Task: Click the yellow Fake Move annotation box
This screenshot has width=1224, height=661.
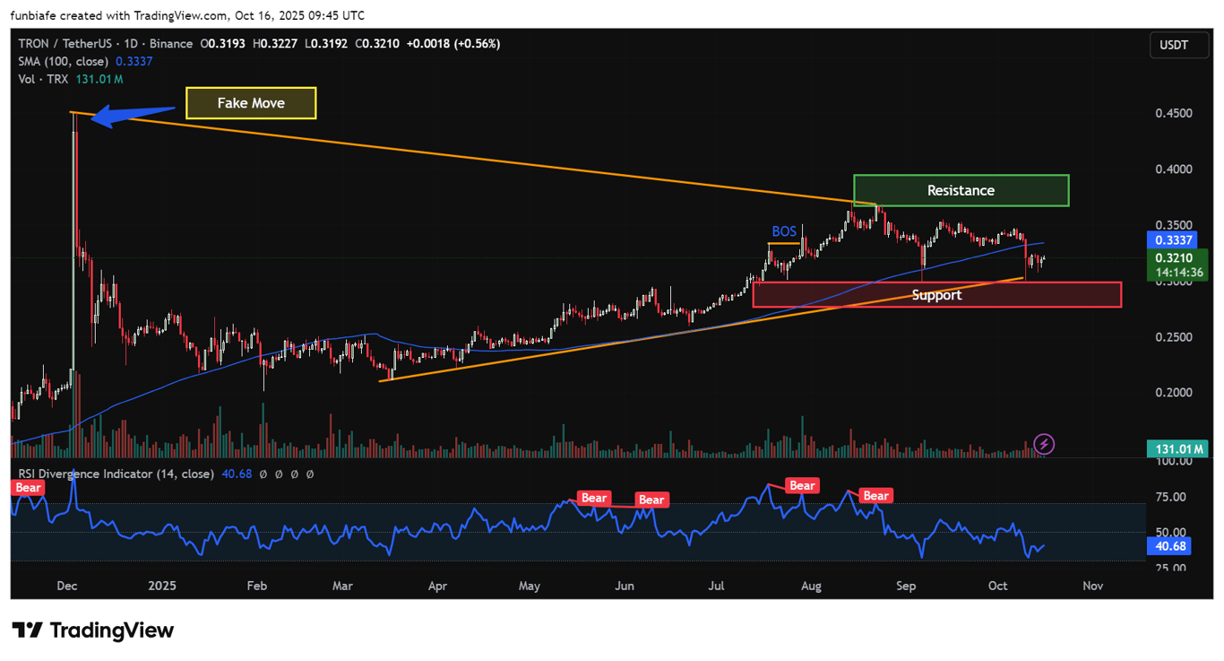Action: pos(251,103)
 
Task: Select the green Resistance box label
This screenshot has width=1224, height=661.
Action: pos(961,190)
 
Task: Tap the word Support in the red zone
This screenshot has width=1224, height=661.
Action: pos(936,295)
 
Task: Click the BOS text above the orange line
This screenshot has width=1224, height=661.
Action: pos(784,231)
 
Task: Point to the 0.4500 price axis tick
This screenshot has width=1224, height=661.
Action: pos(1172,113)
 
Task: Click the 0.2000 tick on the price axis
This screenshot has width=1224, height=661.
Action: pos(1172,393)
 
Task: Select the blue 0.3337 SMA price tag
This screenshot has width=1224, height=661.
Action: pos(1173,240)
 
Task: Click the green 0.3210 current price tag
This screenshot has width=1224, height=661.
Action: pos(1173,258)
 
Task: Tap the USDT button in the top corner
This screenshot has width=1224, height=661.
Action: pos(1173,45)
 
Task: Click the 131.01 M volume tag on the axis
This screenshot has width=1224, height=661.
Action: pos(1177,448)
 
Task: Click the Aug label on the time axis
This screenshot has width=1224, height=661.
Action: pos(811,586)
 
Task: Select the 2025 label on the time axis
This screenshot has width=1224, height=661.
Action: pos(162,586)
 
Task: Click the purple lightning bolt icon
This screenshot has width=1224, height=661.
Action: pos(1044,443)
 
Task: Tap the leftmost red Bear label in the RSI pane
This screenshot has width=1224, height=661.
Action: pos(28,488)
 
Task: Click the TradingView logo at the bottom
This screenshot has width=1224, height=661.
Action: pos(93,631)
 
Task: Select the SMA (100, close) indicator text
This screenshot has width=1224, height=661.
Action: pos(63,61)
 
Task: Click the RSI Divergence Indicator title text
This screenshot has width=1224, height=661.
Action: pos(116,474)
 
